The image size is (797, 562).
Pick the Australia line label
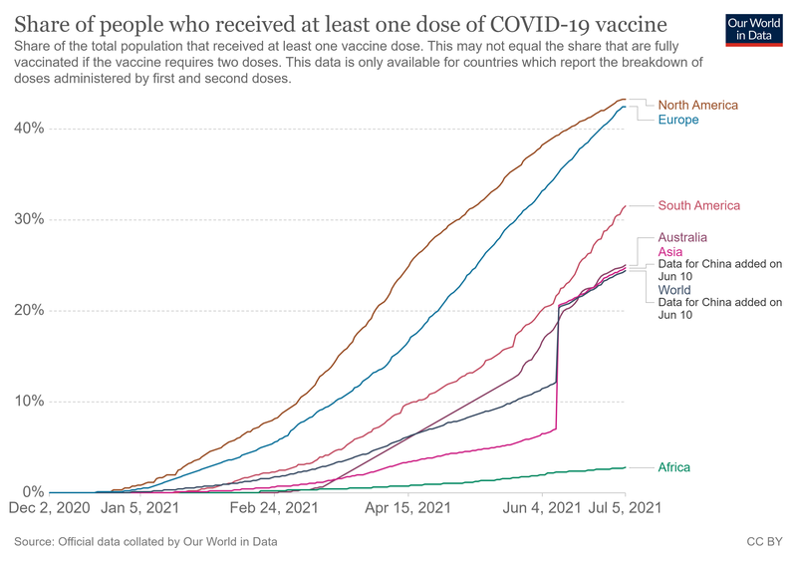[x=682, y=238]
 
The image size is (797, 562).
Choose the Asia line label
[x=670, y=252]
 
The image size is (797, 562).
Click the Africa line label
[x=674, y=467]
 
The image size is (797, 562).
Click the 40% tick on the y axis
[x=28, y=129]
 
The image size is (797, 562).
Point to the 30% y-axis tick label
[x=28, y=219]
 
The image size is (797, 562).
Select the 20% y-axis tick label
[x=28, y=310]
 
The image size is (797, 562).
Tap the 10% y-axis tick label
[x=28, y=402]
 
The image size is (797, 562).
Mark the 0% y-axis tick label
[x=32, y=492]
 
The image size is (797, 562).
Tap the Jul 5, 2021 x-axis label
[x=625, y=508]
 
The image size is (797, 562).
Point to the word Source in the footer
[x=36, y=542]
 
